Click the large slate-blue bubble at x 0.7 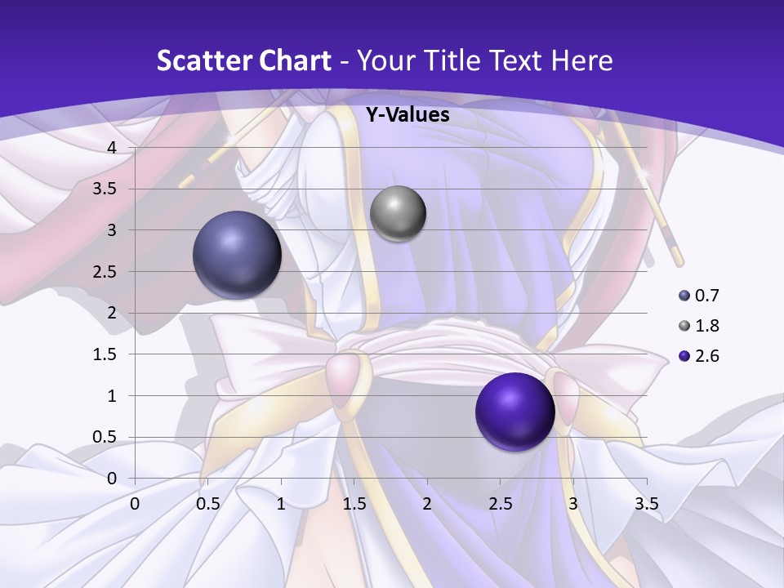(237, 254)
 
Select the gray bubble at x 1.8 (398, 213)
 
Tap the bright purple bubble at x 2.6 (514, 412)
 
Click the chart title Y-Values (407, 115)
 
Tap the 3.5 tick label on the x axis (646, 504)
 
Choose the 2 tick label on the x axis (426, 504)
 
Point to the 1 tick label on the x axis (281, 504)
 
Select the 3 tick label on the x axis (572, 504)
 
